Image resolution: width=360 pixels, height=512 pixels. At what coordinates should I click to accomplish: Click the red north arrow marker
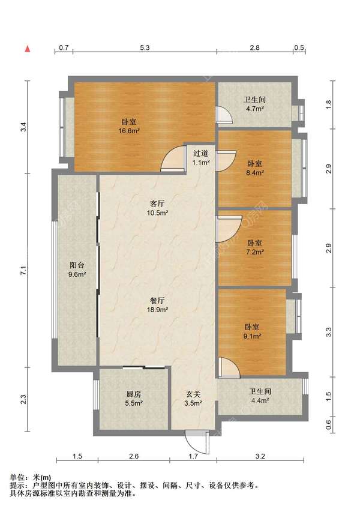(28, 49)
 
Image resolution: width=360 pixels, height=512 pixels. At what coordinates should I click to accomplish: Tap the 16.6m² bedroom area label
(129, 127)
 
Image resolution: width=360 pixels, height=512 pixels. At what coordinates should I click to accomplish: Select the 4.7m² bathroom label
(254, 104)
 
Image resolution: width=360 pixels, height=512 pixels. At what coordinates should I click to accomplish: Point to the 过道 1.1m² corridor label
(200, 157)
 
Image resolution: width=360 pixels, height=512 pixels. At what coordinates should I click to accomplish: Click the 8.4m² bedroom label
(255, 168)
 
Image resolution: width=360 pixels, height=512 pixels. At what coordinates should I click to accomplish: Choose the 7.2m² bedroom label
(254, 247)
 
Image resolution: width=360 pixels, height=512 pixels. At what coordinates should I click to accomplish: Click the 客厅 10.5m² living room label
(157, 208)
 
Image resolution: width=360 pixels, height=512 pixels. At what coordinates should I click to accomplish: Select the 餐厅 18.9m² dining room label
(157, 305)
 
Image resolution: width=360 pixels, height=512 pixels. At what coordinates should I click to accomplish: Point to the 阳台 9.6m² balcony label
(77, 270)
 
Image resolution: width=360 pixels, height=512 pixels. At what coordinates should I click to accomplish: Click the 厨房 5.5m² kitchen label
(134, 399)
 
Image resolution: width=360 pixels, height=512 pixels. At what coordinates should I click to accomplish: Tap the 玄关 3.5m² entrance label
(193, 399)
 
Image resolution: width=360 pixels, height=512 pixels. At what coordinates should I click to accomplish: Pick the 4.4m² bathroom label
(260, 396)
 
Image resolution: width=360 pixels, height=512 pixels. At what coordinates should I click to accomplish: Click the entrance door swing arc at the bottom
(192, 447)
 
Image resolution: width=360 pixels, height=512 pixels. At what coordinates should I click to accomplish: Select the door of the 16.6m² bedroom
(173, 158)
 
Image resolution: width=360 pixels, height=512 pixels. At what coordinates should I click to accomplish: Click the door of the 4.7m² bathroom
(224, 115)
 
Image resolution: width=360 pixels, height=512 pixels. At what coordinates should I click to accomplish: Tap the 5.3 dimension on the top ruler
(145, 47)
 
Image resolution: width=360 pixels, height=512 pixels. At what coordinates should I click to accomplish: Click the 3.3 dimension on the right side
(328, 332)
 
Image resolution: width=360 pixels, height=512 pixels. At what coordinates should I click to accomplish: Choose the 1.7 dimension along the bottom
(193, 456)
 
